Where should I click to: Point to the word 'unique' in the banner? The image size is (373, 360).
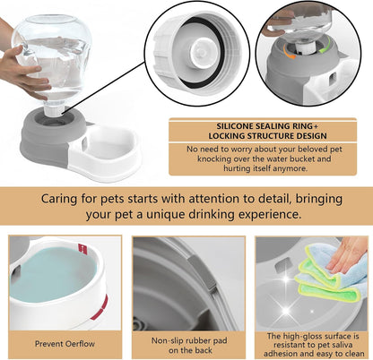[x=171, y=216]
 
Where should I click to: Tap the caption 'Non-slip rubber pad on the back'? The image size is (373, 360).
[x=186, y=342]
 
